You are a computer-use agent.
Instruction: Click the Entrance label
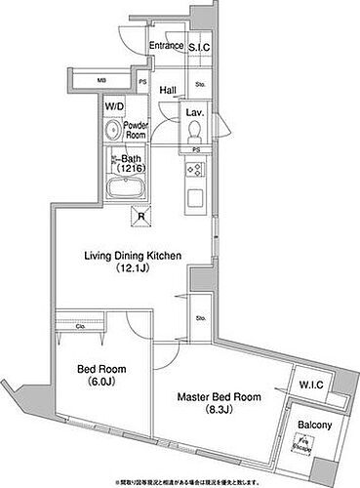coord(167,45)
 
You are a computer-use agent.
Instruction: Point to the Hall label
coord(167,89)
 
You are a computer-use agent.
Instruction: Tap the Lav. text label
coord(194,112)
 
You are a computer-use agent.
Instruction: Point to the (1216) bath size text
coord(131,168)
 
